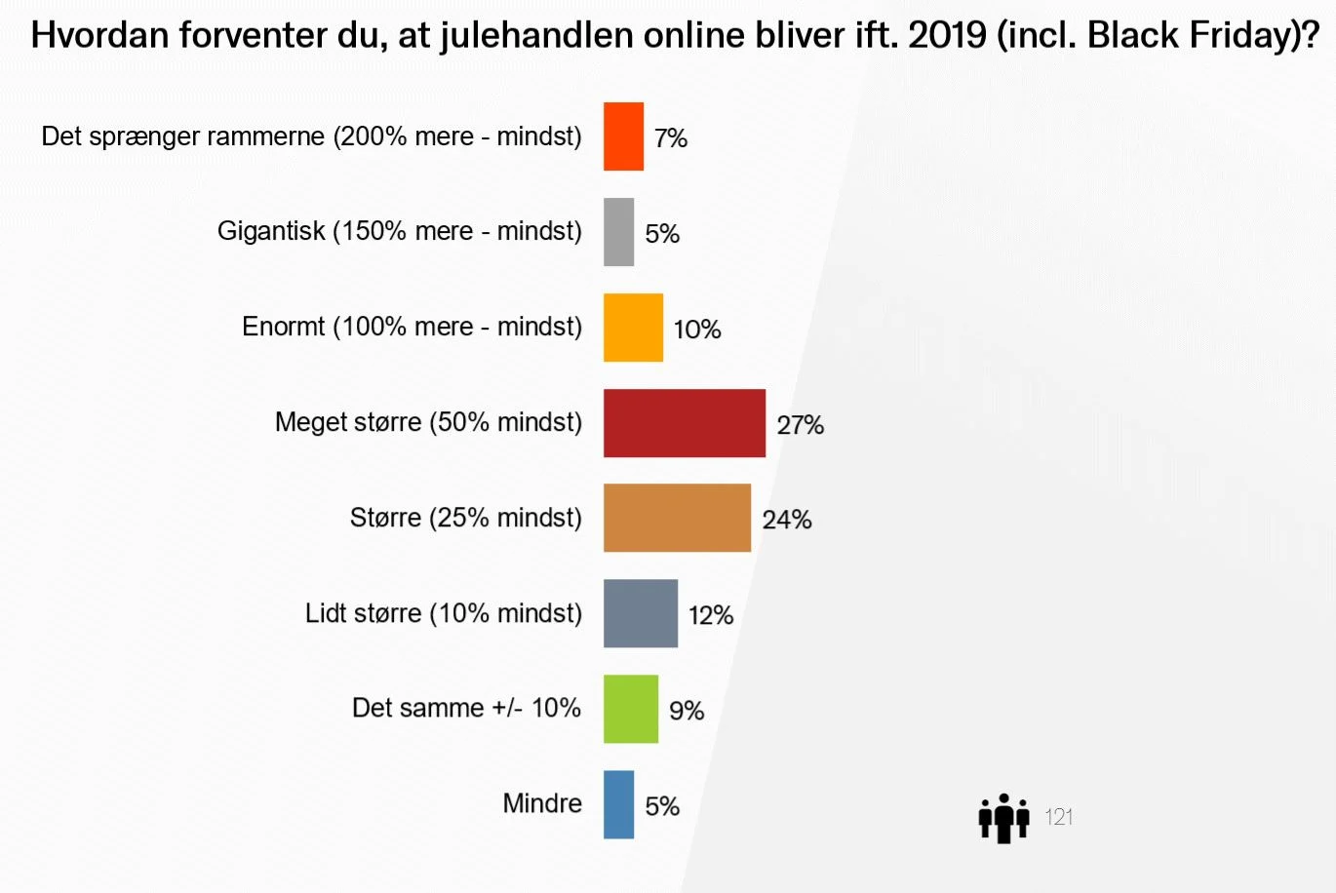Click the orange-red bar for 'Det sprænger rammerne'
623,136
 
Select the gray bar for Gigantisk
618,232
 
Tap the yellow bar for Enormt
633,328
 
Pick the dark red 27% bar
684,423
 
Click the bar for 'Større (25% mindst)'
677,518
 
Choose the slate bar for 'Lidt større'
640,613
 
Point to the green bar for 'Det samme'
630,709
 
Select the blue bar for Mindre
618,804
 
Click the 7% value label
671,138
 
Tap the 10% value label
697,330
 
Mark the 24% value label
787,520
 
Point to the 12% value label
711,615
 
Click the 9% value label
687,711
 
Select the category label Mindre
542,803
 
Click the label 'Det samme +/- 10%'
466,708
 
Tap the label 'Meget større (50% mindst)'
428,422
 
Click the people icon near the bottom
1003,818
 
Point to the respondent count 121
1059,817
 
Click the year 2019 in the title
947,36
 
